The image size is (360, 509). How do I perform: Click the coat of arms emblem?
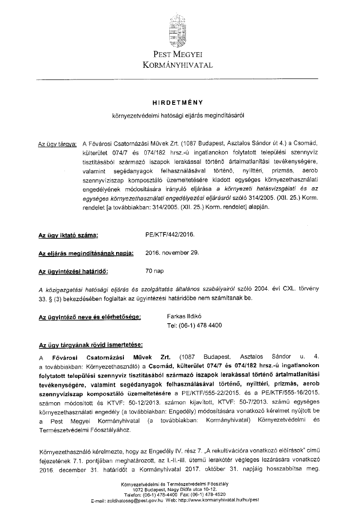click(x=178, y=29)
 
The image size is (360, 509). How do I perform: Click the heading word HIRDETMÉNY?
click(x=178, y=102)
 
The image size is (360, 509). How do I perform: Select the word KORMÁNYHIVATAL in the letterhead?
click(x=178, y=64)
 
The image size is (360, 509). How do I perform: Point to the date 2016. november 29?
click(x=172, y=253)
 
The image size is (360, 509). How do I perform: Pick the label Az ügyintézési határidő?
click(x=73, y=270)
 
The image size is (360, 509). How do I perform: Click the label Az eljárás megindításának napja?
click(x=86, y=253)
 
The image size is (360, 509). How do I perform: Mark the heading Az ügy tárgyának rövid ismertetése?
click(x=91, y=345)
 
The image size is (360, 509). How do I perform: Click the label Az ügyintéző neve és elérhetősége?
click(x=90, y=317)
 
